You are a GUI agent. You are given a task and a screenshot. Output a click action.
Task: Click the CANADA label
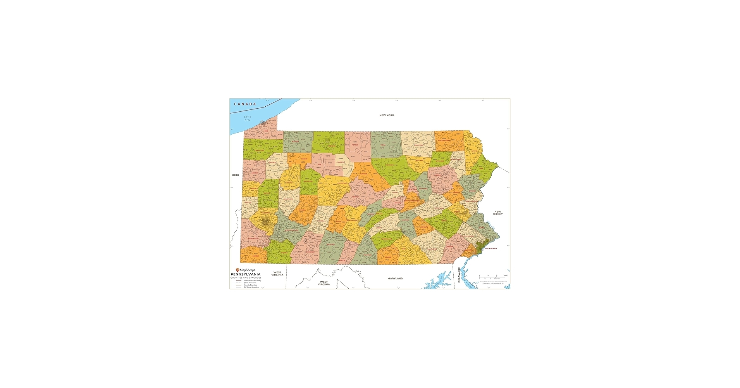245,104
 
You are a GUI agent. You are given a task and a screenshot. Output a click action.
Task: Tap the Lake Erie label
248,118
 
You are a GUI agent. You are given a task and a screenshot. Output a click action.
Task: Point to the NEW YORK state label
386,115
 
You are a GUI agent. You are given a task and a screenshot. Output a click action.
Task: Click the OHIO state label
236,175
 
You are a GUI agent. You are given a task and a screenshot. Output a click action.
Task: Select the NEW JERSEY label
497,213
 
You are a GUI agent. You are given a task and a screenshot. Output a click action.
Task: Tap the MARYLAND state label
395,279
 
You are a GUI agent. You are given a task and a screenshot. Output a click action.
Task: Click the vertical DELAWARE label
459,275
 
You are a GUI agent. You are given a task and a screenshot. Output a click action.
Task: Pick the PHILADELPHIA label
491,248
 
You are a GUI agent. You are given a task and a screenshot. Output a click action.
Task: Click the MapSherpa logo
246,270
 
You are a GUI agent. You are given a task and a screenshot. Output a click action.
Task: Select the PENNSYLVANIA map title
246,274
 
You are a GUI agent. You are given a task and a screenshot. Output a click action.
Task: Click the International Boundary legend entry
252,281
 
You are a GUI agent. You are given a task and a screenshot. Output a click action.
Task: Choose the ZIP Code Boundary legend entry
251,287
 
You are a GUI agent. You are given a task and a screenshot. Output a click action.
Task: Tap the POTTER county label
355,145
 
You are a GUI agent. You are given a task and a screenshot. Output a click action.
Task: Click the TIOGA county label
383,145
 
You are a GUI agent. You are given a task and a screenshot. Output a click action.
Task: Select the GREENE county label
256,256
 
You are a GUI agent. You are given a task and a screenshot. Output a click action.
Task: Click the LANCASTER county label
432,249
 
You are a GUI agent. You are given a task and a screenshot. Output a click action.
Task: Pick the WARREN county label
296,142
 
